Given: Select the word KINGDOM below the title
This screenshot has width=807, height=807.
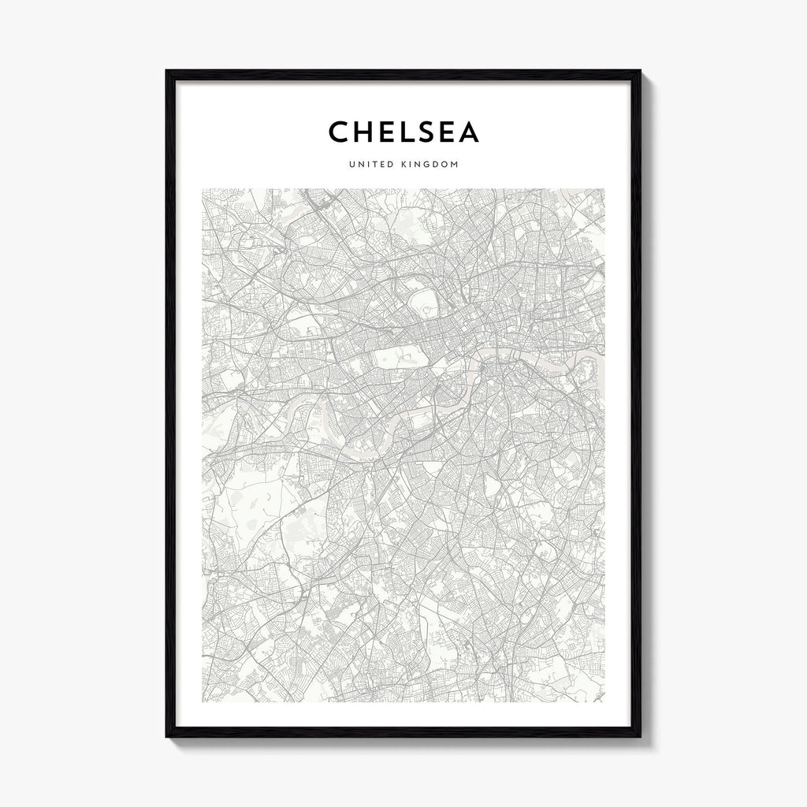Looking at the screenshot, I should click(430, 165).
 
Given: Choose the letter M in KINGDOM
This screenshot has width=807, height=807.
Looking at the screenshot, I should click(455, 165).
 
